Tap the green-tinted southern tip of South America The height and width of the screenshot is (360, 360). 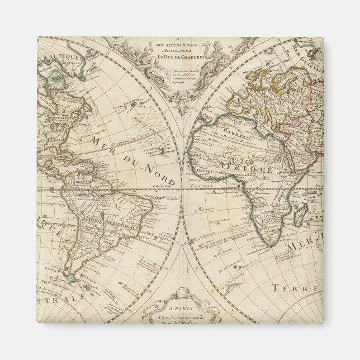pyautogui.click(x=73, y=276)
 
